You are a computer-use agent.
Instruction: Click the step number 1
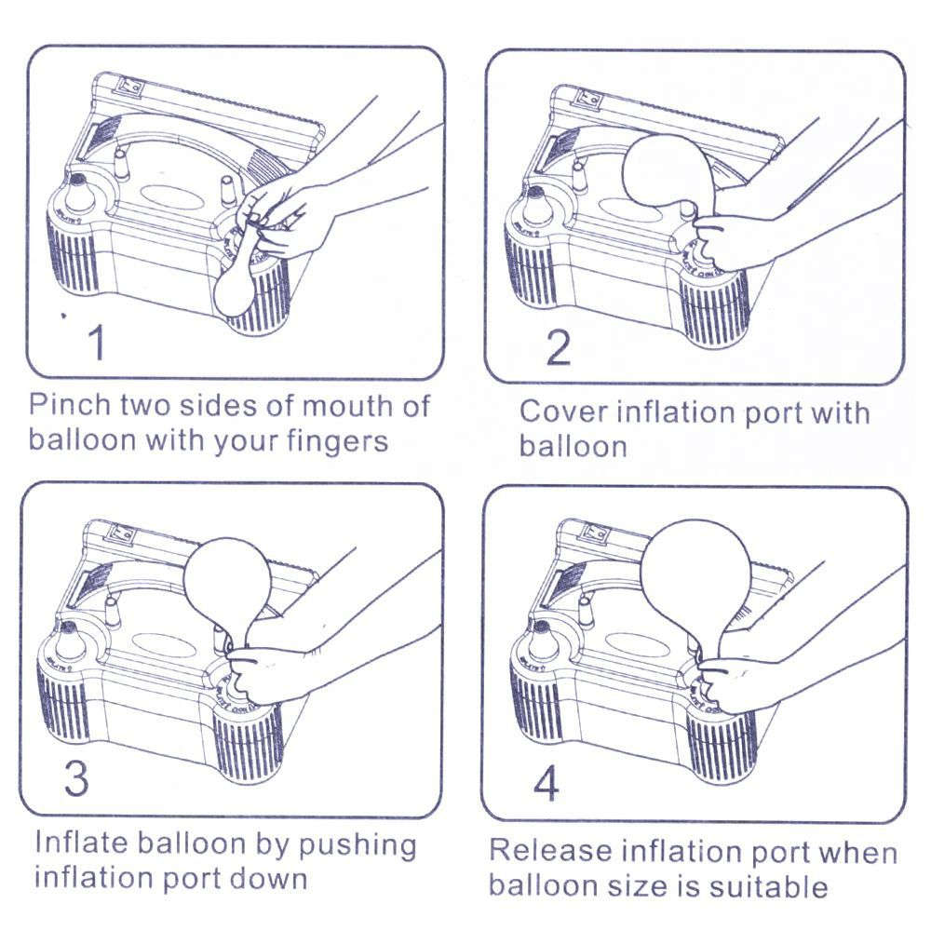point(96,343)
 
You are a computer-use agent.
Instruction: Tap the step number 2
point(557,347)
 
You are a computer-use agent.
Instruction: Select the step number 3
point(76,778)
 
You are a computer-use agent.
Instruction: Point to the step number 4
point(546,783)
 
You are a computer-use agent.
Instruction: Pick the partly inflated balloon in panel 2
point(668,171)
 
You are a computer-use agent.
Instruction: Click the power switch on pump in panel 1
point(130,88)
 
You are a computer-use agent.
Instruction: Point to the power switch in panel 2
point(587,97)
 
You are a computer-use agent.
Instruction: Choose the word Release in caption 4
point(549,851)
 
